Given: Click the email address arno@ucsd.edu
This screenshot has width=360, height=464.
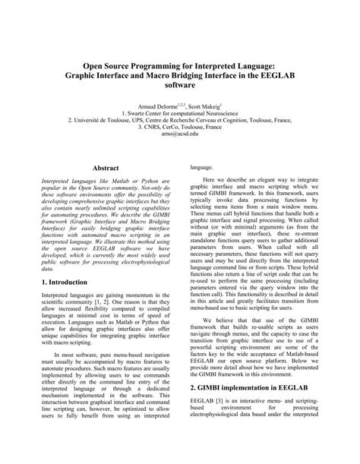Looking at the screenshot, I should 180,133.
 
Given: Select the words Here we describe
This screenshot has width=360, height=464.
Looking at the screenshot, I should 228,177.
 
